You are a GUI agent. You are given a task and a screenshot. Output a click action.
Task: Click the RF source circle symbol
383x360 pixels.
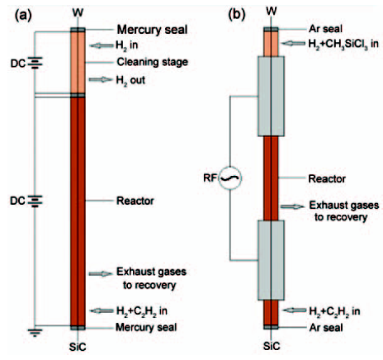pos(230,178)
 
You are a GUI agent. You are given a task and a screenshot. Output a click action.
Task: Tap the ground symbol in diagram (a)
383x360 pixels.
pos(35,333)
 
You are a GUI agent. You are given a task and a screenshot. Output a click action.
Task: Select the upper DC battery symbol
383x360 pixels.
pos(35,63)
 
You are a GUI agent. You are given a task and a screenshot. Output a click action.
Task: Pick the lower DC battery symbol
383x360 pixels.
pos(35,201)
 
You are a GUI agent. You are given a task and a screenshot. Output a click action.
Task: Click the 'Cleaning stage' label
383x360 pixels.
pos(153,62)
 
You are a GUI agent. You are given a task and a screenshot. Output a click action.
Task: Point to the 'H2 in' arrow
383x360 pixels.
pos(102,45)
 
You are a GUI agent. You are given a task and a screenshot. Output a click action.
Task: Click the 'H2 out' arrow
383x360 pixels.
pos(101,80)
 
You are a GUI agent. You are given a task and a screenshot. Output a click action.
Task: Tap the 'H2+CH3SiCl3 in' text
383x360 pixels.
pos(343,44)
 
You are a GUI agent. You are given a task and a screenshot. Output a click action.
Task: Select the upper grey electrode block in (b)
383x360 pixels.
pos(271,97)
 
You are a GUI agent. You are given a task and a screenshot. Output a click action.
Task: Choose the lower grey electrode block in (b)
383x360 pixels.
pos(271,260)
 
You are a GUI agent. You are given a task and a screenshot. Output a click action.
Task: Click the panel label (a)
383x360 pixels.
pos(23,16)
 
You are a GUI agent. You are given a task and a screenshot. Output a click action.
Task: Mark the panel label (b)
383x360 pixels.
pos(237,15)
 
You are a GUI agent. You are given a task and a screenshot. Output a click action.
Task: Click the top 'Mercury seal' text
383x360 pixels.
pos(153,30)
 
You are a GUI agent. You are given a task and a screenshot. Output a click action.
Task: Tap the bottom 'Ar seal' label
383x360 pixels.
pos(326,328)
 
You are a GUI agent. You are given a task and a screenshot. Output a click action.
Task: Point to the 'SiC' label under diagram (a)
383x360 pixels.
pos(78,347)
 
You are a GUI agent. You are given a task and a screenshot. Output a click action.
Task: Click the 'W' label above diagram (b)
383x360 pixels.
pos(272,12)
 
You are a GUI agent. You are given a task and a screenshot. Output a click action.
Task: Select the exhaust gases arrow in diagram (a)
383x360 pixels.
pos(101,273)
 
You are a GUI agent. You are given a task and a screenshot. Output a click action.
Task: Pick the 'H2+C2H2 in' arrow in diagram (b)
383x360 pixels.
pos(295,310)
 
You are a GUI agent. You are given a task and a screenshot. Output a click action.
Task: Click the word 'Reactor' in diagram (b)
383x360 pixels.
pos(327,179)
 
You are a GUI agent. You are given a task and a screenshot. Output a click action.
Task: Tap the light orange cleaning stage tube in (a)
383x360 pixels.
pos(78,63)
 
